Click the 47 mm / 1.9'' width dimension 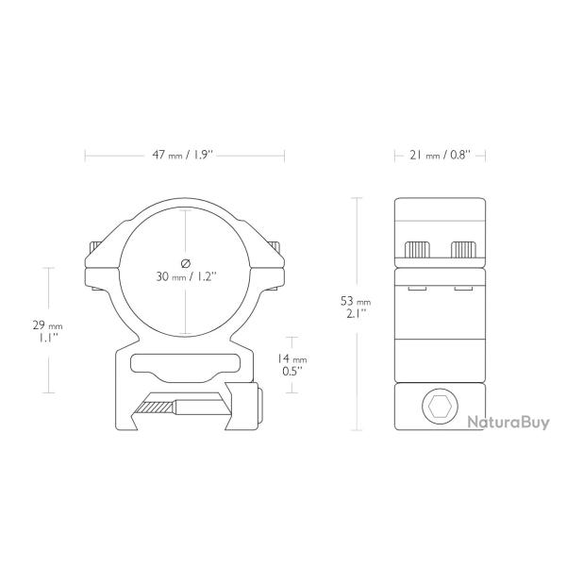coord(184,156)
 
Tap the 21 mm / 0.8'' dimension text coord(440,156)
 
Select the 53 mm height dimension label coord(356,307)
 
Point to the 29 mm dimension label coord(48,331)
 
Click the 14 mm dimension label coord(292,365)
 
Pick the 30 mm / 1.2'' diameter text coord(186,276)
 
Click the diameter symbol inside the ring coord(185,263)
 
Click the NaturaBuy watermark coord(508,422)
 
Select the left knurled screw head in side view coord(418,250)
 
